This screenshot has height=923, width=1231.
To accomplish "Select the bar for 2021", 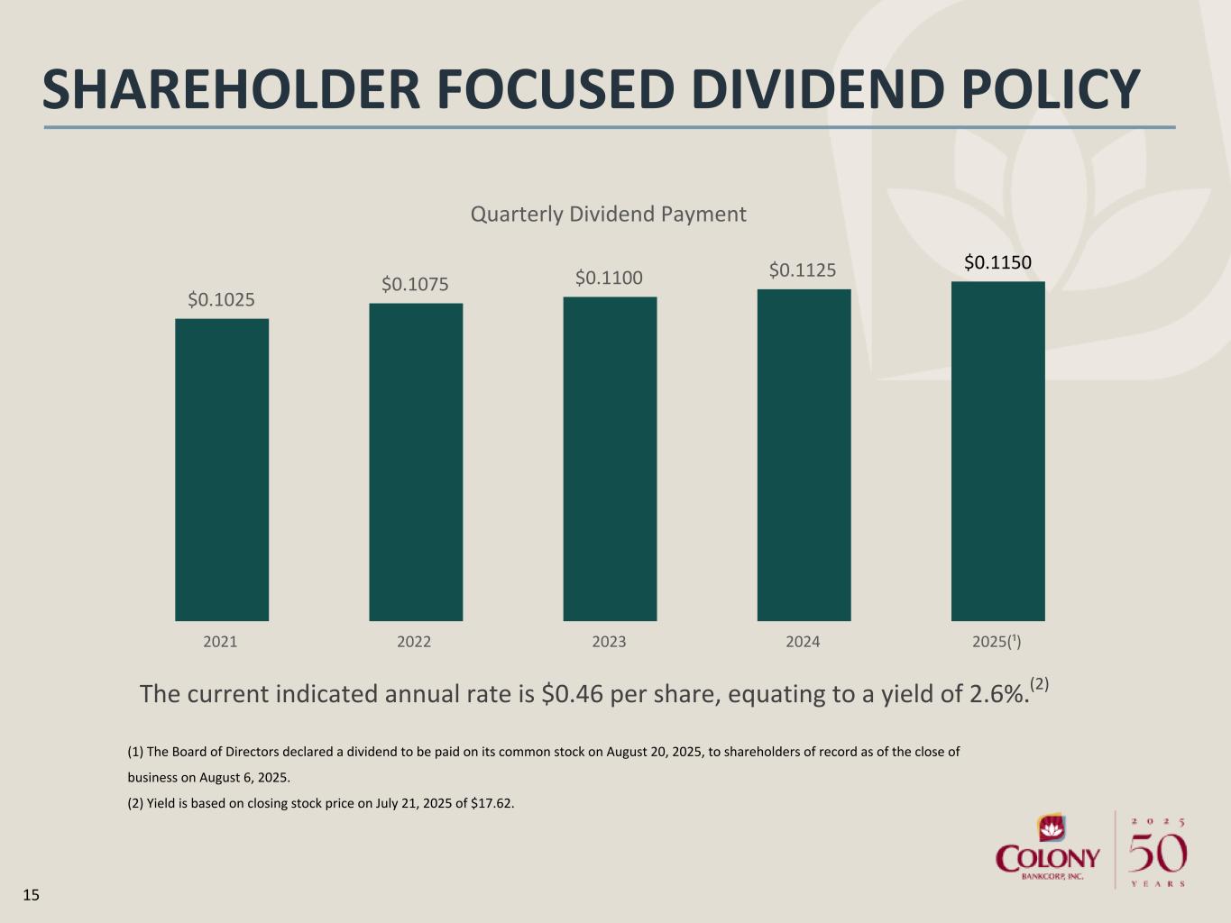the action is click(x=222, y=470).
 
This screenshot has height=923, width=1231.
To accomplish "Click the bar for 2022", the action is click(x=416, y=461).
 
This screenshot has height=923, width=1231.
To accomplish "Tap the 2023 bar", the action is click(x=610, y=459).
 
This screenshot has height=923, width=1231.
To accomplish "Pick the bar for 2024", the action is click(x=804, y=455).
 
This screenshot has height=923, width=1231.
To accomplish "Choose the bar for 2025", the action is click(x=997, y=451).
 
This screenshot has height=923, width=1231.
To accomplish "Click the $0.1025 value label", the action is click(x=221, y=300).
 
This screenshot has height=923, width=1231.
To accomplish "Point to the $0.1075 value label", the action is click(x=415, y=284).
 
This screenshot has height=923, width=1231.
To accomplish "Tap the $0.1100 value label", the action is click(x=609, y=278).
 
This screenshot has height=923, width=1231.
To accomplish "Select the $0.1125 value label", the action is click(x=803, y=270).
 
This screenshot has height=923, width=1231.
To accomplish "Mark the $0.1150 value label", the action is click(x=997, y=262).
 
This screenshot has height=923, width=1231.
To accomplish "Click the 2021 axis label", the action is click(x=220, y=642).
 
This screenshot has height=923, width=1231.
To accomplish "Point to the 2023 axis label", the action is click(x=609, y=642).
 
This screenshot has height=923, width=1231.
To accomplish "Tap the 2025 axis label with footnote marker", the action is click(x=997, y=642).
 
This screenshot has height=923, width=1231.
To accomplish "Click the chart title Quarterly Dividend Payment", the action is click(x=609, y=215).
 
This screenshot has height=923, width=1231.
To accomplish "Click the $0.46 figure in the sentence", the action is click(x=572, y=694).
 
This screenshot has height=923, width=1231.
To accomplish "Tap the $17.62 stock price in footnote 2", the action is click(x=491, y=804).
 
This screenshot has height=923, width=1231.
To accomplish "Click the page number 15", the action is click(x=32, y=895).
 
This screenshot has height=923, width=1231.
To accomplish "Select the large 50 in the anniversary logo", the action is click(x=1158, y=853).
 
